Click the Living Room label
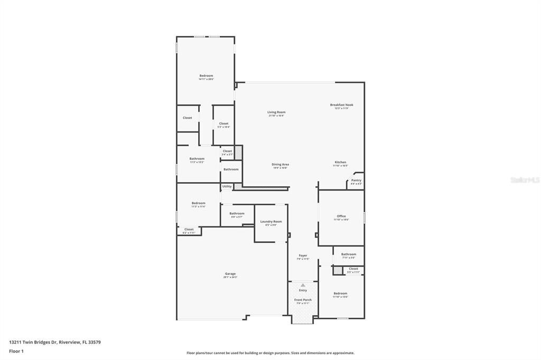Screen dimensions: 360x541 [x=276, y=112]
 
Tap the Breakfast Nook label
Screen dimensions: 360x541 [x=342, y=105]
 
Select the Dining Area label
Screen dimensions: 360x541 [x=280, y=164]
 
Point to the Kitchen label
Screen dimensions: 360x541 [x=340, y=162]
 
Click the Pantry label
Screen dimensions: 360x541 [x=356, y=180]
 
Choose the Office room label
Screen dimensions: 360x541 [x=341, y=216]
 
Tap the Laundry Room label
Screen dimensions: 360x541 [x=271, y=221]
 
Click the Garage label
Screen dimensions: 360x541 [x=230, y=273]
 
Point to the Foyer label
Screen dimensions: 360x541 [x=303, y=255]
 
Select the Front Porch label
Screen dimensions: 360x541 [x=303, y=300]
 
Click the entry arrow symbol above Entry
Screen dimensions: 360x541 [x=303, y=285]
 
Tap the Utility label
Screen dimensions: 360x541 [x=227, y=186]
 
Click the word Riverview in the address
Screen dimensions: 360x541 [x=70, y=342]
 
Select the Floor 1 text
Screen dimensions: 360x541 [x=16, y=350]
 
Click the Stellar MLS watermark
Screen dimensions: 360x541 [x=525, y=180]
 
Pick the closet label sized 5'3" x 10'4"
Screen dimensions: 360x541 [x=223, y=124]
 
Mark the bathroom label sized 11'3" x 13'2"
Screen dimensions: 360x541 [x=197, y=158]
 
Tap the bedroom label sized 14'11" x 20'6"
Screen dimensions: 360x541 [x=206, y=75]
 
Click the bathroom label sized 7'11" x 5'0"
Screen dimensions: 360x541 [x=349, y=254]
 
